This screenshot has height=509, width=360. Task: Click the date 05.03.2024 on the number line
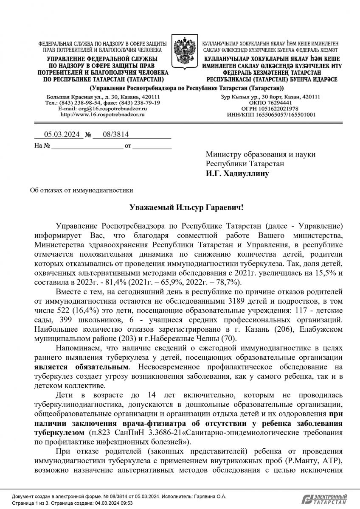click(x=62, y=135)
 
